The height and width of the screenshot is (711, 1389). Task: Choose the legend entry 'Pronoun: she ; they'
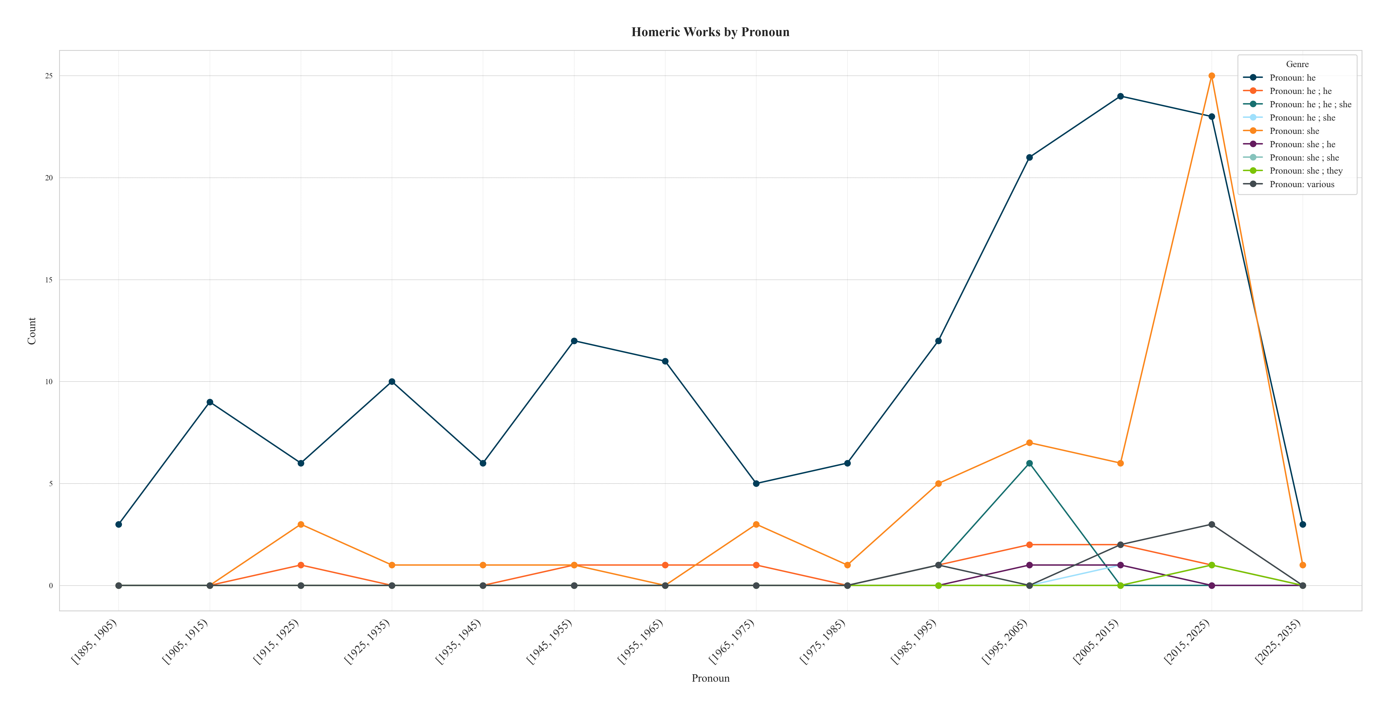tap(1305, 171)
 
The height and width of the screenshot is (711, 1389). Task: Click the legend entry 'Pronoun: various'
tap(1302, 184)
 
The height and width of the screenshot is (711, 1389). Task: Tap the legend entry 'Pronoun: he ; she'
tap(1302, 118)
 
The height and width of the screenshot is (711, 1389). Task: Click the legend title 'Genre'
tap(1297, 64)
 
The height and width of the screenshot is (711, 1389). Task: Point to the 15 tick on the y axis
tap(49, 280)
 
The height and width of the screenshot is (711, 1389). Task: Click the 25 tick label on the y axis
tap(49, 76)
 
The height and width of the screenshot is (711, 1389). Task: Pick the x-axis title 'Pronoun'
tap(710, 678)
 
